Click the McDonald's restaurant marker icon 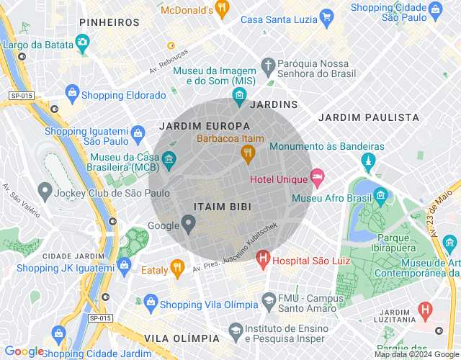point(223,10)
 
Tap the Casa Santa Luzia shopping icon point(327,17)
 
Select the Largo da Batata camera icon point(83,42)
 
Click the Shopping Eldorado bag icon point(71,92)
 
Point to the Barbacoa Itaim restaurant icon point(249,152)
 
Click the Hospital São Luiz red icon point(263,257)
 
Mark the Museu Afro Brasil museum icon point(380,195)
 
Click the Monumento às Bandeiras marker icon point(370,159)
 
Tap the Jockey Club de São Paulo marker point(45,192)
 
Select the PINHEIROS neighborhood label point(109,23)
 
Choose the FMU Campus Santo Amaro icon point(269,299)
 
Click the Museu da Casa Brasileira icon point(169,158)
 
